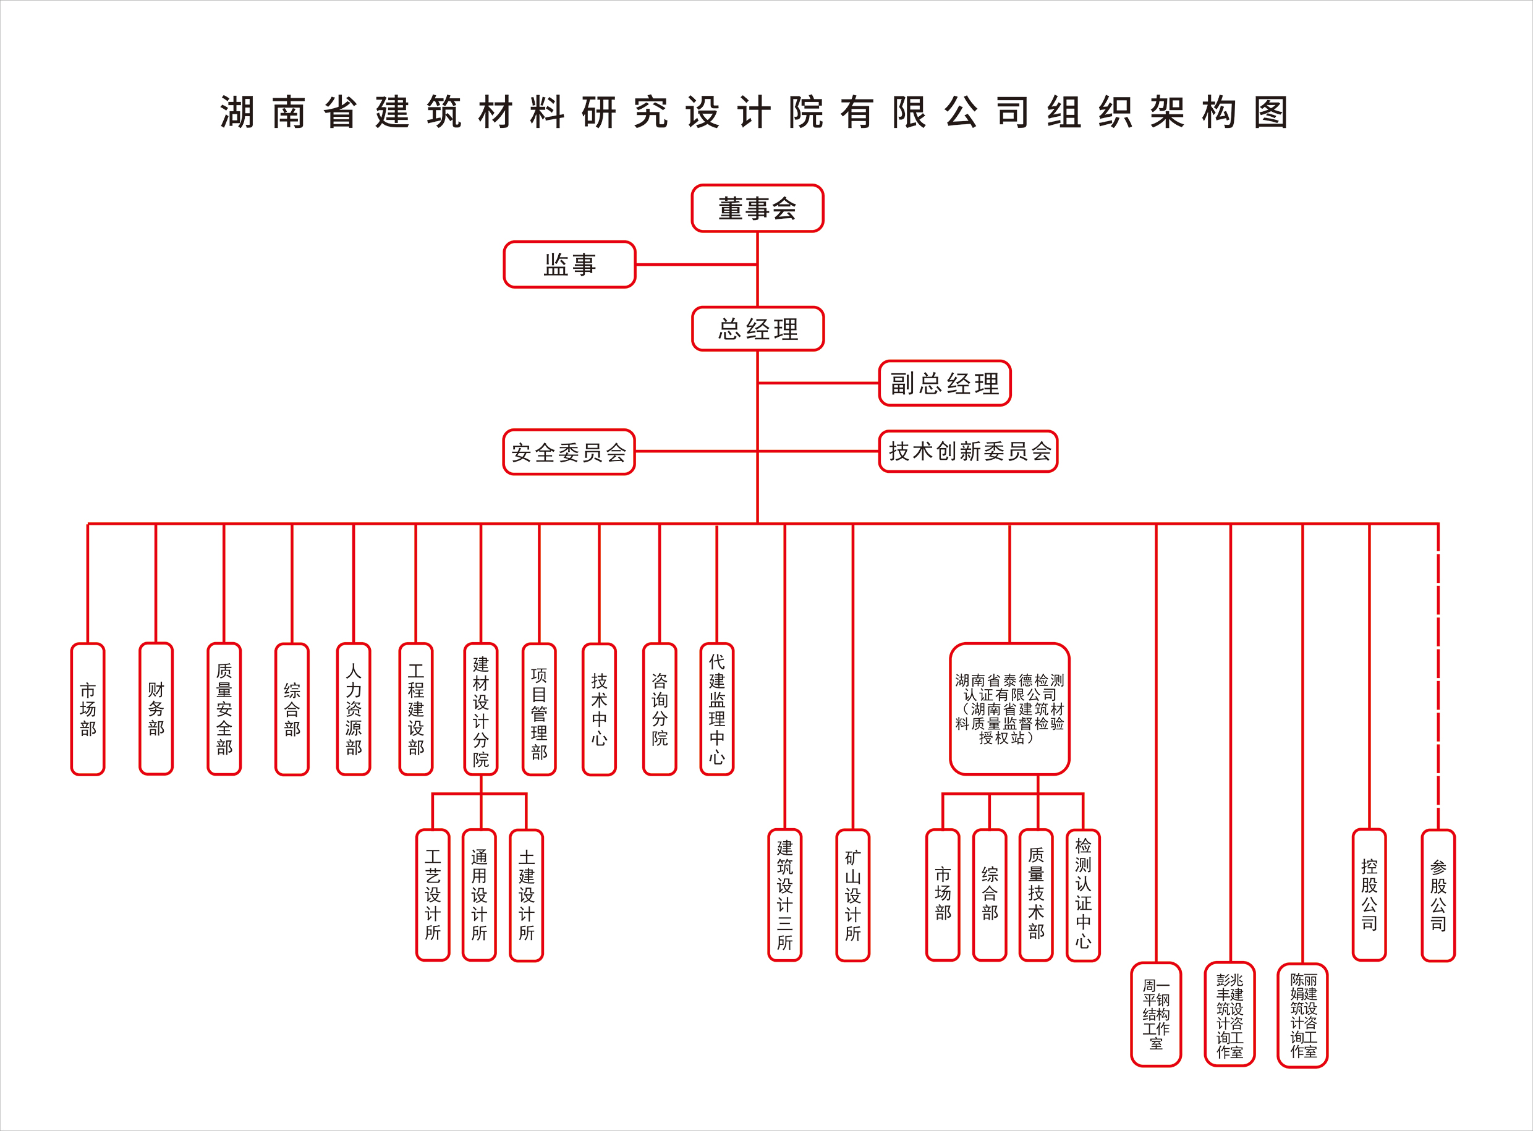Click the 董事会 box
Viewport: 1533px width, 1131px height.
[757, 208]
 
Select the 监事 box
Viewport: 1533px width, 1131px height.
[570, 265]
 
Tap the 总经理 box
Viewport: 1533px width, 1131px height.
[757, 329]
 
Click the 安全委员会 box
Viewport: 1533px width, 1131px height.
[569, 452]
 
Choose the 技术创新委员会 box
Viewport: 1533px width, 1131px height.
[968, 451]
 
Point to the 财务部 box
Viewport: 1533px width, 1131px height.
[156, 709]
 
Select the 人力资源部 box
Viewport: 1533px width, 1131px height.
[354, 709]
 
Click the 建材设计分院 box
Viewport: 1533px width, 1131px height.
[481, 709]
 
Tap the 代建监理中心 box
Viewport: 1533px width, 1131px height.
[717, 709]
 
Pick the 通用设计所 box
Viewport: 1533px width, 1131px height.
[479, 895]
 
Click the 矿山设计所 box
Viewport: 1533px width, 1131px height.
[852, 895]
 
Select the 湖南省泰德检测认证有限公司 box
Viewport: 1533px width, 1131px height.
[1009, 709]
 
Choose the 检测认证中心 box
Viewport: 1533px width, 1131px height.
[1083, 895]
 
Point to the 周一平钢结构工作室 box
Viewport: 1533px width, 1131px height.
[1156, 1015]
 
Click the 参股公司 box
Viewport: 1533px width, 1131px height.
[1438, 895]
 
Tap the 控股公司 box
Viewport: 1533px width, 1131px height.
[1369, 895]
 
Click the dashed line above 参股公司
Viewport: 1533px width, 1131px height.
[1438, 678]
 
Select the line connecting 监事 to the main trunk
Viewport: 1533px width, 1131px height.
[695, 265]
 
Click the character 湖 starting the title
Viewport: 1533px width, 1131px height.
[237, 112]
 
